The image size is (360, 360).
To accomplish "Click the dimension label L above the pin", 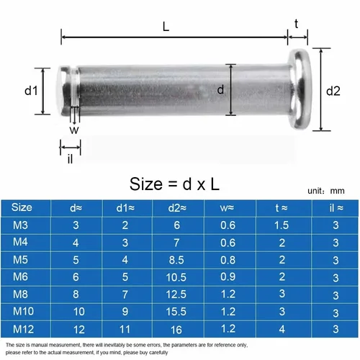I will pos(166,27).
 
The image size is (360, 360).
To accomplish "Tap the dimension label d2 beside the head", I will pos(333,91).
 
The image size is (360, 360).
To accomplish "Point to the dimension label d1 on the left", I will pos(30,91).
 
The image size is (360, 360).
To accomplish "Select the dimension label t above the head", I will pos(297,24).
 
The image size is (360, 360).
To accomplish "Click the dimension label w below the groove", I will pos(74,130).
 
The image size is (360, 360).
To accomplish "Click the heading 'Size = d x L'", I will pos(174,184).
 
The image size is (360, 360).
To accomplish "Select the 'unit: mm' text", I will pos(325,192).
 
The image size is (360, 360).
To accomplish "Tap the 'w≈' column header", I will pos(228,208).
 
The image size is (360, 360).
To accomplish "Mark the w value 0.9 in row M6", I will pos(228,276).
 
